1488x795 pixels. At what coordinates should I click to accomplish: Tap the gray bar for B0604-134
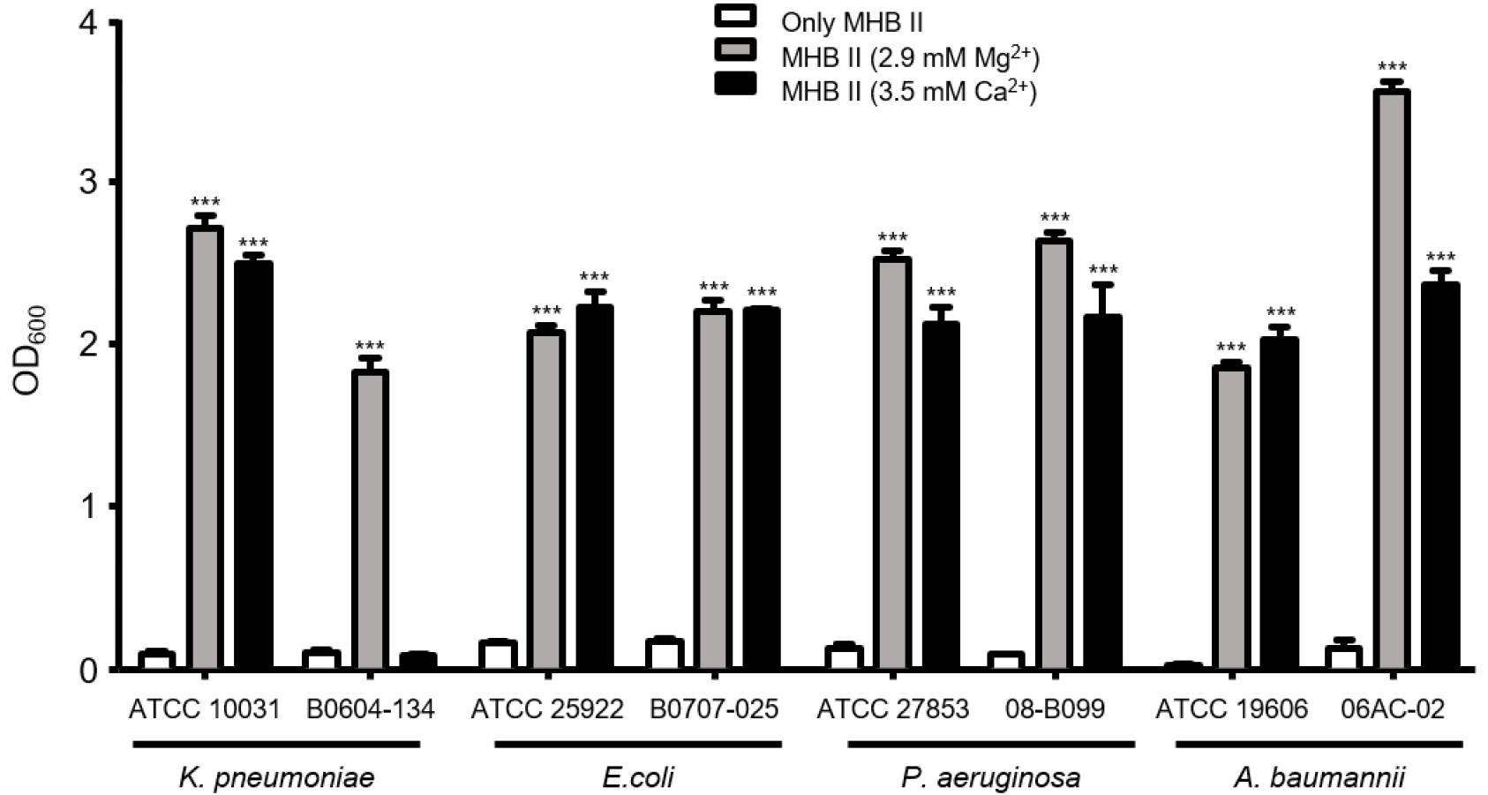tap(370, 521)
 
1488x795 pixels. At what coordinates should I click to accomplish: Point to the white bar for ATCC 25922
tap(498, 655)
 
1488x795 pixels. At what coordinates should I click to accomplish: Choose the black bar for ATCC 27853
tap(941, 495)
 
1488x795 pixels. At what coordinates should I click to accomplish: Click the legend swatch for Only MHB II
tap(734, 18)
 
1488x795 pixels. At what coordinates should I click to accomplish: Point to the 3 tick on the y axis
tap(112, 182)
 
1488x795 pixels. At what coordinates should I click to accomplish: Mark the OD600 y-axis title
tap(29, 349)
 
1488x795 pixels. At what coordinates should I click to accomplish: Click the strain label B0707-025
tap(714, 709)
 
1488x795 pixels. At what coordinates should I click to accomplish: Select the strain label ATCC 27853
tap(892, 709)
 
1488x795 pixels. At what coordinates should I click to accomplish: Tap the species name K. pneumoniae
tap(276, 777)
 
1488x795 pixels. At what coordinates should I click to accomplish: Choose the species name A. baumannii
tap(1319, 777)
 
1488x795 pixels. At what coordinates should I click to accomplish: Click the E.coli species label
tap(638, 777)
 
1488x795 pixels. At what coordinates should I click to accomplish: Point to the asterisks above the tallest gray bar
tap(1392, 67)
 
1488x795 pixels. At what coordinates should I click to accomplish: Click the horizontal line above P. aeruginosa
tap(990, 745)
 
